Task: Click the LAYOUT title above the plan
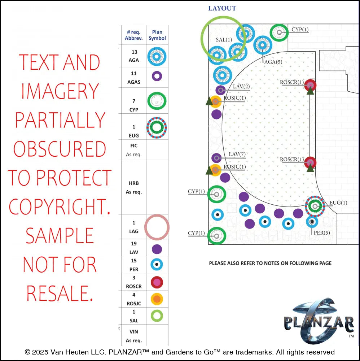[222, 8]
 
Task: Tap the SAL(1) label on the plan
[224, 40]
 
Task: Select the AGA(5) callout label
[273, 62]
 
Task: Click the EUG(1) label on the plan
[338, 203]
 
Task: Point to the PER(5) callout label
[322, 233]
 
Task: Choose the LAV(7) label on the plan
[237, 155]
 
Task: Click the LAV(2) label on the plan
[241, 86]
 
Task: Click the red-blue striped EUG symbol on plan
[315, 206]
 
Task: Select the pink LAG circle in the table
[157, 227]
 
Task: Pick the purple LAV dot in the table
[157, 249]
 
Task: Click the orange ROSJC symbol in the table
[157, 299]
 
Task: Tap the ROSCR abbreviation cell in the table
[133, 286]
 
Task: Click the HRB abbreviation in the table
[133, 183]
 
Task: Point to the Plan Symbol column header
[157, 35]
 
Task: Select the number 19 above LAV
[133, 244]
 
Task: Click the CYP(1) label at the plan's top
[300, 30]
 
